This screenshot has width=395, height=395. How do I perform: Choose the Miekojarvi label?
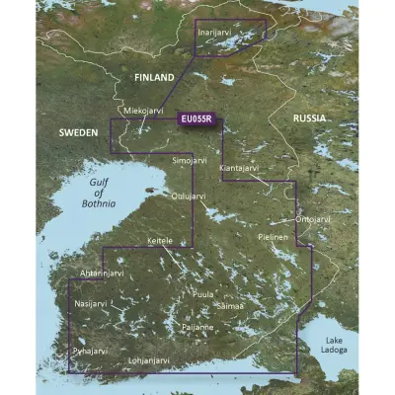[x=141, y=111]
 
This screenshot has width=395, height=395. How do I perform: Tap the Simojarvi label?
[x=190, y=157]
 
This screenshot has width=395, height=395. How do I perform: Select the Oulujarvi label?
[x=189, y=197]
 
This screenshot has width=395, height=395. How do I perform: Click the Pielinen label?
[x=274, y=238]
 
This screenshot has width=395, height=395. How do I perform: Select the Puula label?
[x=204, y=294]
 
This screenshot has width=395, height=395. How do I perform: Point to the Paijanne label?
[x=200, y=326]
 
